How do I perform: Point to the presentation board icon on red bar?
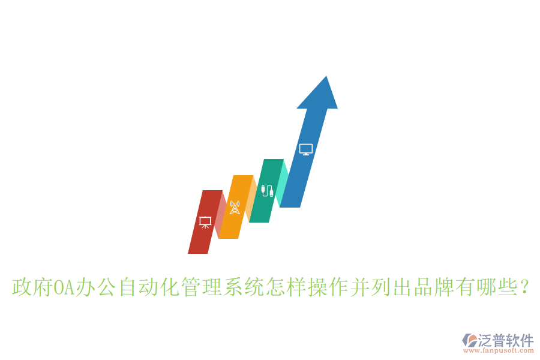tap(205, 222)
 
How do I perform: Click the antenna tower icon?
tap(235, 208)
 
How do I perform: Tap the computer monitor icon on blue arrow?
tap(306, 149)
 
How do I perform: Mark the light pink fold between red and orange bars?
tap(221, 213)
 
